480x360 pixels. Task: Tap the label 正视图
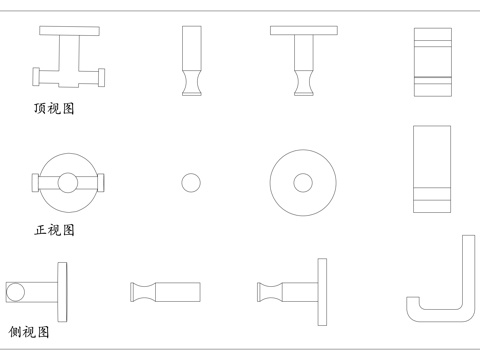coord(55,230)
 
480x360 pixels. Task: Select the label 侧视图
coord(29,332)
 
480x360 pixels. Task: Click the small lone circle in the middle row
coord(191,183)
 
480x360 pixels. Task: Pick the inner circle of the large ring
coord(302,183)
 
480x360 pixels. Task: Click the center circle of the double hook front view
coord(67,182)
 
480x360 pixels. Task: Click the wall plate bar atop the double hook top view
coord(70,31)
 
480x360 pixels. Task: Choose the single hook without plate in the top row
coord(191,60)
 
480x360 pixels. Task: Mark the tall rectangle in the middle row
coord(431,169)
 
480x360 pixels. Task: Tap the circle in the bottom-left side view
coord(15,292)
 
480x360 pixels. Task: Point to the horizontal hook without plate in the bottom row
coord(166,292)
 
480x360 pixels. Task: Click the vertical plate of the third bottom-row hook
coord(322,292)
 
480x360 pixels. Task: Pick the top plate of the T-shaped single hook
coord(302,31)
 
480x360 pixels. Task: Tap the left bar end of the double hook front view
coord(36,182)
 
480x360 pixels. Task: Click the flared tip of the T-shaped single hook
coord(302,88)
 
